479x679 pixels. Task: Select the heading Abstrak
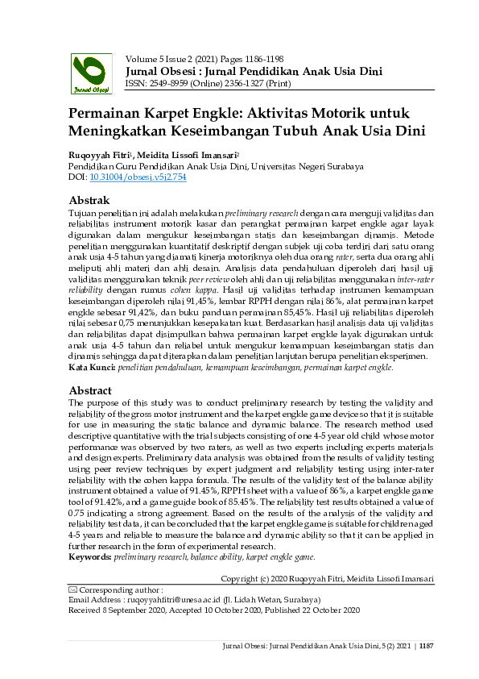(x=89, y=200)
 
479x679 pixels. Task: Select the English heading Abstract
(x=91, y=390)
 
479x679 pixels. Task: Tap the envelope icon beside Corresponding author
(x=72, y=589)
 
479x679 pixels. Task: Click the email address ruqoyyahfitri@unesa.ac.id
(x=164, y=600)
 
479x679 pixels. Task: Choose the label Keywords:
(x=89, y=557)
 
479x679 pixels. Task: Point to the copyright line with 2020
(x=327, y=578)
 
